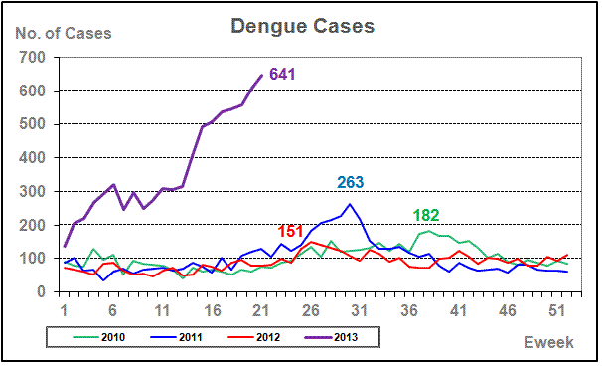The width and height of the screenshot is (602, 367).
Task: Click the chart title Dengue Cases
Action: tap(303, 27)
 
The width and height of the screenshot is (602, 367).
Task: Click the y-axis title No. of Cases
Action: tap(64, 34)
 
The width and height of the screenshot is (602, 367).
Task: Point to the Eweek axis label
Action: tap(548, 342)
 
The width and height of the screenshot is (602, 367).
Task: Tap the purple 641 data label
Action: tap(282, 74)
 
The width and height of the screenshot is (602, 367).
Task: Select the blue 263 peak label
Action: tap(350, 182)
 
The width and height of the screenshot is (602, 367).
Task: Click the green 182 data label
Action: tap(426, 215)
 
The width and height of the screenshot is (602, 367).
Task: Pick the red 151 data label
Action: tap(290, 232)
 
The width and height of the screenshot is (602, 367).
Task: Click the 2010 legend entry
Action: tap(99, 337)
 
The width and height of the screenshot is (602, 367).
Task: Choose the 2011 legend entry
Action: tap(177, 337)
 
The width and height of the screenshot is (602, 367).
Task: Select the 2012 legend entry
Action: tap(253, 337)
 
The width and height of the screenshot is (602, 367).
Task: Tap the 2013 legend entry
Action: tap(332, 337)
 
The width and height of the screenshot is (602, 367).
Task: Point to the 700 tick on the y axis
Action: tap(32, 58)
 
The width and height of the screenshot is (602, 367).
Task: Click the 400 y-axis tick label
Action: tap(32, 158)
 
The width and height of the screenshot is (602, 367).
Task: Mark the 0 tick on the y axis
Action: tap(41, 291)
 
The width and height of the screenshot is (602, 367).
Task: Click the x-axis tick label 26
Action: tap(311, 310)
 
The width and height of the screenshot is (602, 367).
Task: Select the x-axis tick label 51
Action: tap(557, 310)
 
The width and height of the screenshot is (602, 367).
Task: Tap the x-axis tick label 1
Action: tap(65, 310)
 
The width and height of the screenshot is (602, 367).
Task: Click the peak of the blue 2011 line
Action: tap(350, 204)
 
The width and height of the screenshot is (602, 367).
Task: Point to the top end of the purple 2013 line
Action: tap(262, 75)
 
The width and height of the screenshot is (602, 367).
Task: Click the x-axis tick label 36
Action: tap(409, 310)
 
